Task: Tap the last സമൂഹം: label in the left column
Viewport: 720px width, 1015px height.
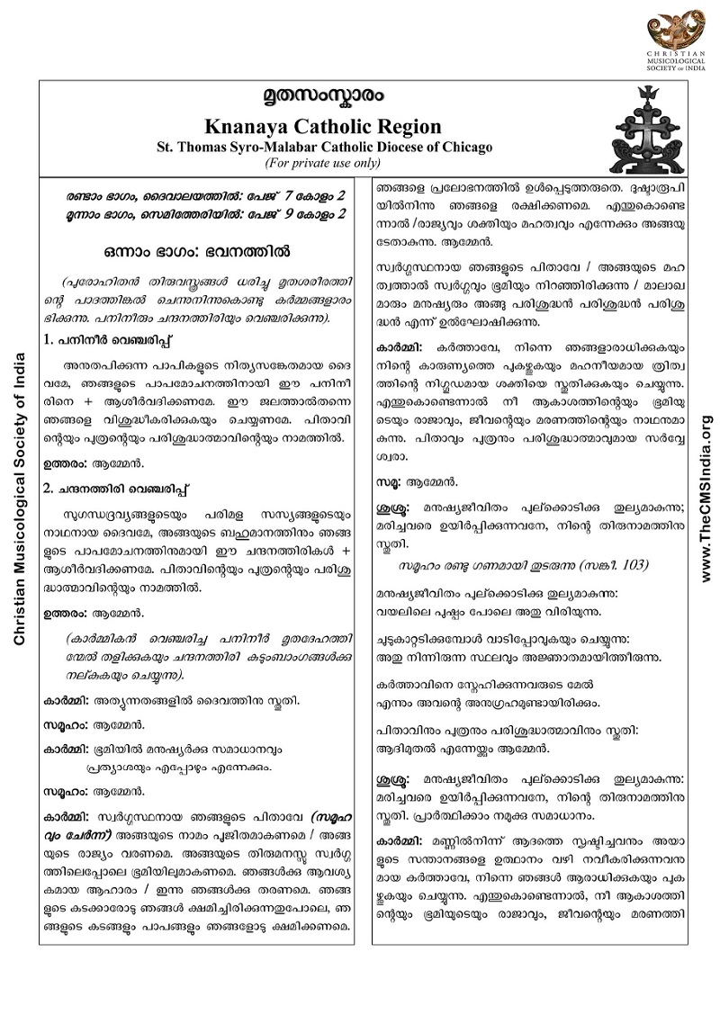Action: click(67, 794)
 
